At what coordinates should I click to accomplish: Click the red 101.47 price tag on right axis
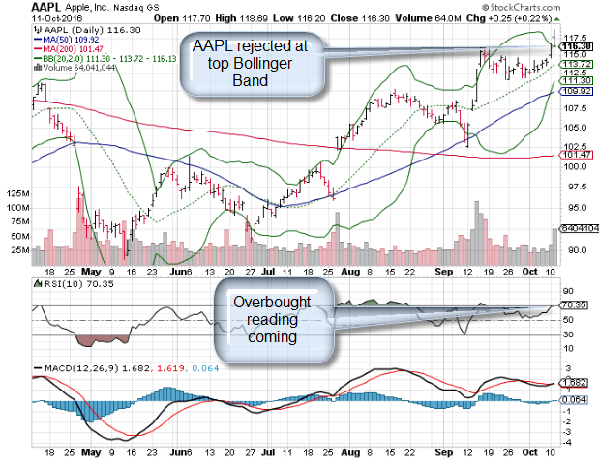coord(577,154)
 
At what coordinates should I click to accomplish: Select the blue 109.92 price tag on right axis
coord(576,91)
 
